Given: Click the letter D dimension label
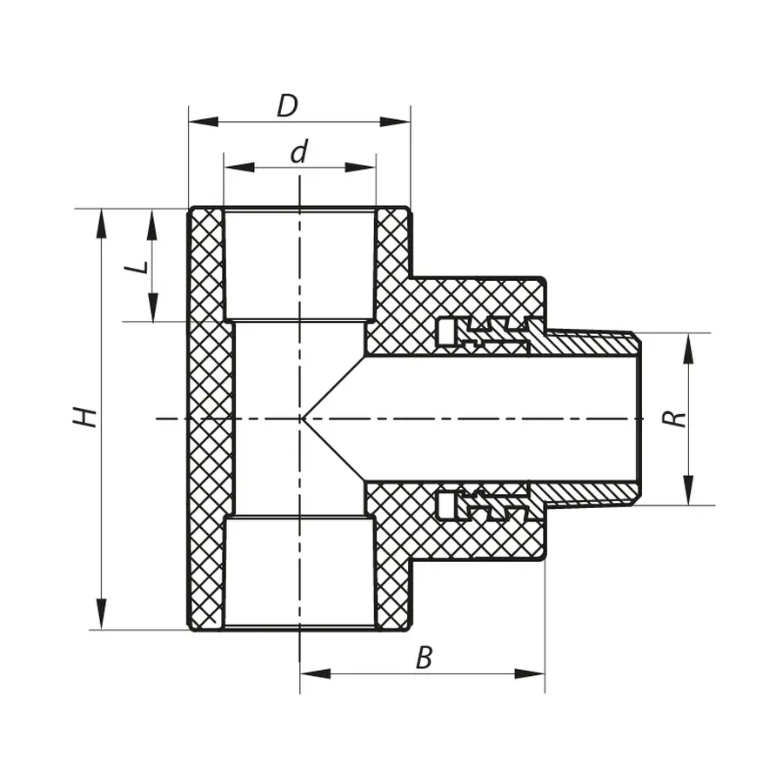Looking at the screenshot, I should (287, 105).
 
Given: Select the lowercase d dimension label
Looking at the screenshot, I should (299, 152).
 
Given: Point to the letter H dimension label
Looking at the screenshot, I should (84, 417).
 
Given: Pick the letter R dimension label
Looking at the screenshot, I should (674, 418).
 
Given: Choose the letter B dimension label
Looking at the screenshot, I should (424, 658).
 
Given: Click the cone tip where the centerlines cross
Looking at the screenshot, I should (301, 418).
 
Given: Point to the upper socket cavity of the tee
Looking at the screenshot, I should (299, 265).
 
